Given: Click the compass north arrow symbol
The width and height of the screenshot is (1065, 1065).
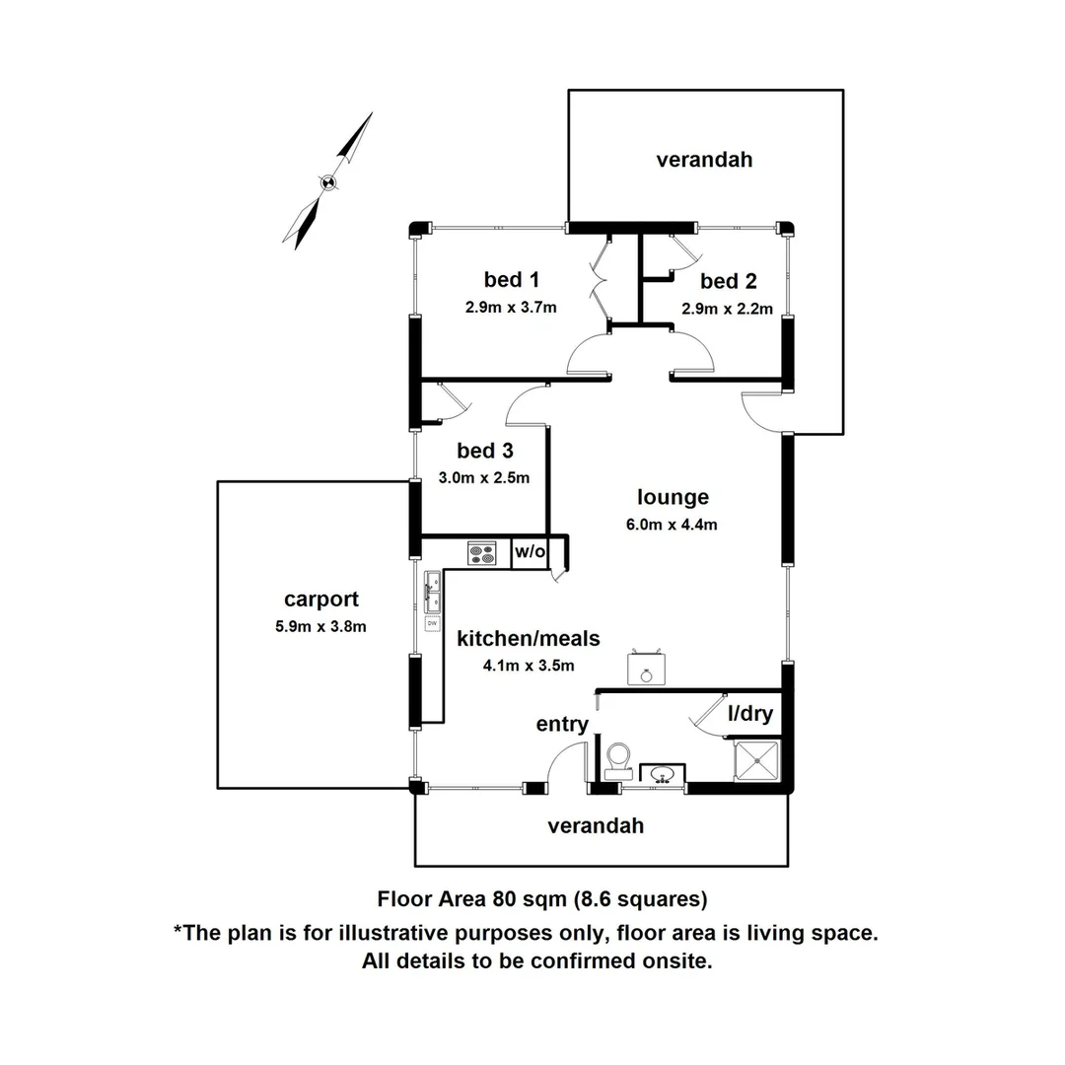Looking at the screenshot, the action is (x=328, y=181).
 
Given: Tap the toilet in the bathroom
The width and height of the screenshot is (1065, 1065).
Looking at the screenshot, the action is (x=618, y=760).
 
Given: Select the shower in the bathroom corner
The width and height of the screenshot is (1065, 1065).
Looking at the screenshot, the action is (x=757, y=760).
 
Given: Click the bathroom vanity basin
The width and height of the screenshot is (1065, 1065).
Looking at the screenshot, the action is (x=663, y=774).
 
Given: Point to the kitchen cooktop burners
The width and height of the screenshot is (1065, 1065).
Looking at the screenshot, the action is (x=482, y=553).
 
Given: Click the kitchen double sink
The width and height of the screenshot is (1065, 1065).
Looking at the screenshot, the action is (x=432, y=591).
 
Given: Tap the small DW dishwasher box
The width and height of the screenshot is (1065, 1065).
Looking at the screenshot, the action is (x=432, y=623).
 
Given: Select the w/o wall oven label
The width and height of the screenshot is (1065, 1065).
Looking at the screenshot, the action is (x=530, y=551).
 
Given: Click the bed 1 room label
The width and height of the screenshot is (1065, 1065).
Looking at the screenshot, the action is (x=512, y=279).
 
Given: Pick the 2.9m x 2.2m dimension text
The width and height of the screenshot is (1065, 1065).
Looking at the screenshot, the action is (x=728, y=309).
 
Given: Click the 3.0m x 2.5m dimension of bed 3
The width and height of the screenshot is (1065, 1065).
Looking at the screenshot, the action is (x=483, y=477).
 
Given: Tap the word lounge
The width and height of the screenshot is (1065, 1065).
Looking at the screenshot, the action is (x=674, y=497).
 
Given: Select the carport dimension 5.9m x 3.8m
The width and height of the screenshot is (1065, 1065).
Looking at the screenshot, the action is (x=320, y=626).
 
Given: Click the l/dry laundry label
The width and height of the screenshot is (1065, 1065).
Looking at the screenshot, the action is (x=750, y=713).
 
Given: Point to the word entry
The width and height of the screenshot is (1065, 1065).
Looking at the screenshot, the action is (x=562, y=724).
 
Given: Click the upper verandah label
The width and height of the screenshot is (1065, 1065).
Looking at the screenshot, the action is (x=704, y=160).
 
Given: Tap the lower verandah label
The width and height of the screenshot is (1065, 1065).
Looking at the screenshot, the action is (x=596, y=826).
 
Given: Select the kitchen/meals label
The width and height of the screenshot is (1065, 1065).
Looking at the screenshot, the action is (x=529, y=638).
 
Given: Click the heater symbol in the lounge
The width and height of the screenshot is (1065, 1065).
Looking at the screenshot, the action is (x=646, y=668).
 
